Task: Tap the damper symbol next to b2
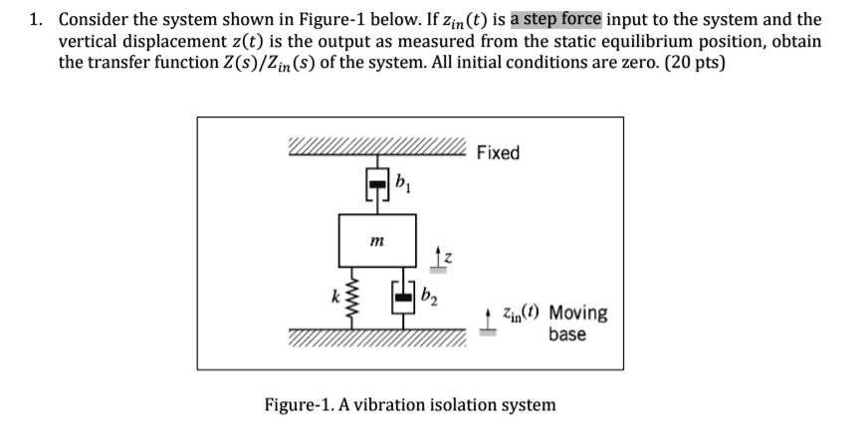(404, 298)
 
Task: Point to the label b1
(401, 181)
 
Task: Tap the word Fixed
(498, 152)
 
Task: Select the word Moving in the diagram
(578, 314)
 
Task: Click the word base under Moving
(566, 333)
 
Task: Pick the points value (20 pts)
(693, 63)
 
